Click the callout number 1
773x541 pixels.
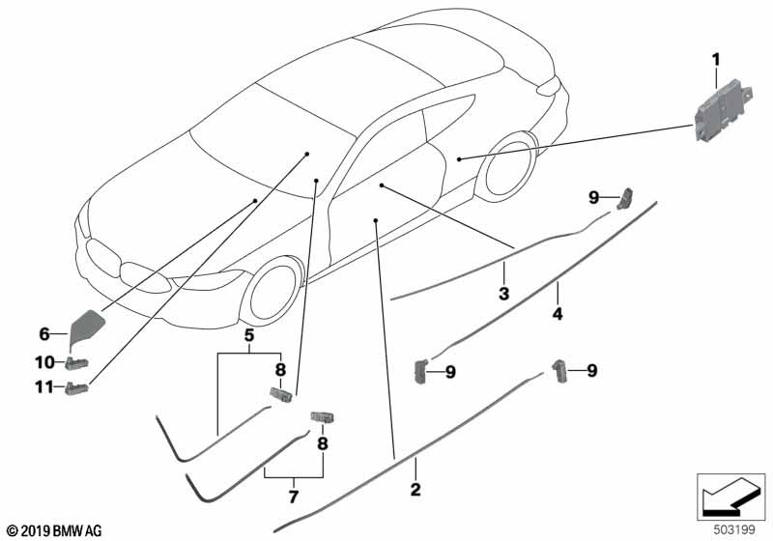click(x=715, y=60)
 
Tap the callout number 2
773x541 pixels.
click(x=415, y=489)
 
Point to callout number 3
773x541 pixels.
click(x=503, y=294)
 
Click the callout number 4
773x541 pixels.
click(x=558, y=313)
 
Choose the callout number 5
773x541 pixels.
click(x=249, y=335)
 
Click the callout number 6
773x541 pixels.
click(x=44, y=334)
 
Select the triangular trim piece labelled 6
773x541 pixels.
click(x=87, y=327)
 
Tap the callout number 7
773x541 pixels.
click(x=294, y=497)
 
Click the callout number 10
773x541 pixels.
click(x=44, y=362)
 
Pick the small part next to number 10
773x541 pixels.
click(x=76, y=363)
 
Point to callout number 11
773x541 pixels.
click(x=44, y=387)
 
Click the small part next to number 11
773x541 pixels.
click(x=76, y=388)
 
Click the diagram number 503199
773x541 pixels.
click(x=734, y=530)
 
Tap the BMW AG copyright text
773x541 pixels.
click(x=54, y=531)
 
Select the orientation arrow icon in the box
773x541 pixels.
click(x=731, y=497)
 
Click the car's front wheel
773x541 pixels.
click(x=272, y=292)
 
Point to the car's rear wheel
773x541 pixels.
click(x=510, y=166)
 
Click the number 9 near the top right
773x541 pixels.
click(x=593, y=198)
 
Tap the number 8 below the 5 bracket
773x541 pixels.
click(x=280, y=370)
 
